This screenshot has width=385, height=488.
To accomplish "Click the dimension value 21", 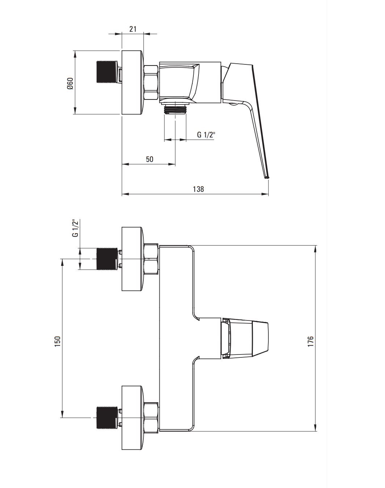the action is (x=133, y=29).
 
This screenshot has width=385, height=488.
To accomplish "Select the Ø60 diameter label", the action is (x=70, y=84).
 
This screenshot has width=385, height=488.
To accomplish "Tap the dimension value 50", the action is (x=150, y=159).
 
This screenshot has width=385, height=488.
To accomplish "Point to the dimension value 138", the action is (x=198, y=189).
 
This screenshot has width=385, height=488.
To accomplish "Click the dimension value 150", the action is (x=58, y=341).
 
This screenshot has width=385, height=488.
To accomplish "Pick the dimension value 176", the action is (x=310, y=341).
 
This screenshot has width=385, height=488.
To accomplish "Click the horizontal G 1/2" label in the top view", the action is (x=206, y=135).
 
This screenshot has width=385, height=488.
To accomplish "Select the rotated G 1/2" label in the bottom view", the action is (x=75, y=228).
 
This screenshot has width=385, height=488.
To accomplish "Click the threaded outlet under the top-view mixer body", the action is (x=175, y=110).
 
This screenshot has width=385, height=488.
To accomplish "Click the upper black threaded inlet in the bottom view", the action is (x=107, y=259).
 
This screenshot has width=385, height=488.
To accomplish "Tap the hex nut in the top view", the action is (x=151, y=82).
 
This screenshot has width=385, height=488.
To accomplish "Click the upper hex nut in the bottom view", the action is (x=151, y=259).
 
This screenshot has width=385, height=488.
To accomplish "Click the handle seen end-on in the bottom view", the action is (x=245, y=338).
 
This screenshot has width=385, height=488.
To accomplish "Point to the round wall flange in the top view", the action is (x=132, y=82).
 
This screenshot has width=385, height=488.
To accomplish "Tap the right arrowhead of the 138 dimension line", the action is (x=265, y=194).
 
